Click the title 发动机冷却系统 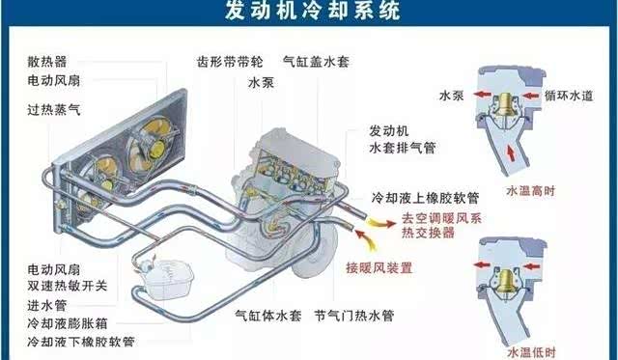[313, 11]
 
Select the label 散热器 [47, 62]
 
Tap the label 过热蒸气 [54, 109]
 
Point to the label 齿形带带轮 [230, 62]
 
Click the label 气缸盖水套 [316, 62]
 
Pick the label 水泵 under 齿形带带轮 [261, 83]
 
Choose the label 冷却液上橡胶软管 [425, 197]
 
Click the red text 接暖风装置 [379, 268]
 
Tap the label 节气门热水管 [354, 316]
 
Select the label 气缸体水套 [268, 316]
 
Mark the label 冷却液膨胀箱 [68, 323]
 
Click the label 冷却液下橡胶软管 [81, 342]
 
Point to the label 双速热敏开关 [68, 286]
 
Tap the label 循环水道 [569, 96]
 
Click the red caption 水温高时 [530, 191]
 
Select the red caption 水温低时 [531, 352]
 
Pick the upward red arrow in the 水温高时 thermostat [511, 153]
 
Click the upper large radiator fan [151, 143]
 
